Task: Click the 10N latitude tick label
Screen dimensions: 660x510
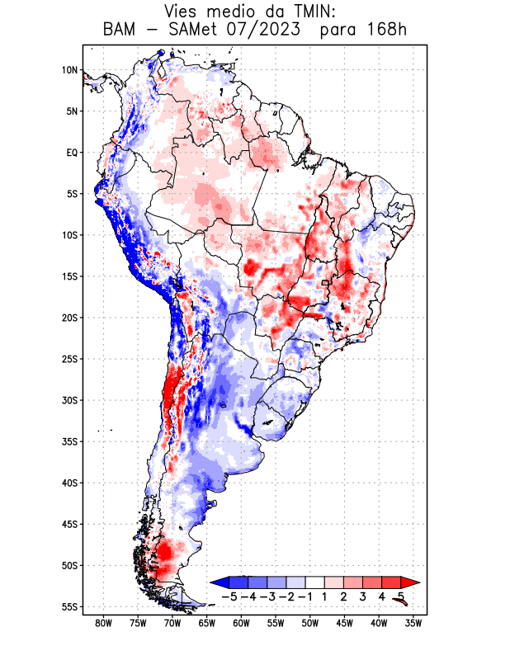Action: pyautogui.click(x=69, y=70)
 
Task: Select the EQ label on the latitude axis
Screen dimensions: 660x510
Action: pyautogui.click(x=72, y=153)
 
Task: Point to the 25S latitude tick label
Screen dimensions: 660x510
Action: pyautogui.click(x=69, y=359)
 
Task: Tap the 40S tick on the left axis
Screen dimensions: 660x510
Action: pyautogui.click(x=69, y=483)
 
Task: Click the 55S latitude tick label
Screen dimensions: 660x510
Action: pyautogui.click(x=69, y=607)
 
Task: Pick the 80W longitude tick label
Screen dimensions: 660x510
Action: pyautogui.click(x=104, y=624)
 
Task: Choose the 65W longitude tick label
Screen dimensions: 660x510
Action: pyautogui.click(x=207, y=624)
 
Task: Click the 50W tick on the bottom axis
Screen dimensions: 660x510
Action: pyautogui.click(x=310, y=624)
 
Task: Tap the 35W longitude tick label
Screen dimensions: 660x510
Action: pyautogui.click(x=413, y=624)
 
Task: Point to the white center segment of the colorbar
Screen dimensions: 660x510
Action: pyautogui.click(x=315, y=582)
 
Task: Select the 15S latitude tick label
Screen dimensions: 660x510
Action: pyautogui.click(x=69, y=276)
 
